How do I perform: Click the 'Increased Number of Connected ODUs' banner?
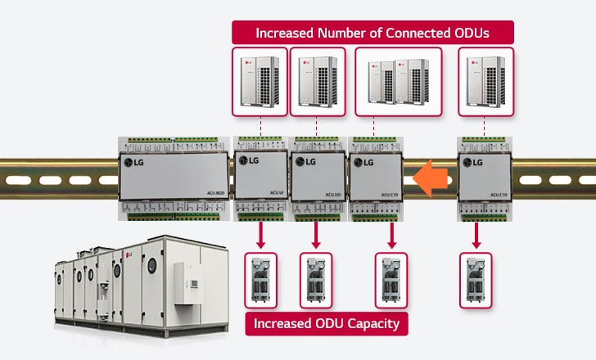coord(372,33)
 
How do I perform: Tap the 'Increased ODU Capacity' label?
coord(326,324)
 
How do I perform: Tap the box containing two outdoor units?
coord(399,80)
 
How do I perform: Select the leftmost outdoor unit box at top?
coord(260,80)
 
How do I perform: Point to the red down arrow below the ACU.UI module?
coord(261,236)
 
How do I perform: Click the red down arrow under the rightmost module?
coord(476,236)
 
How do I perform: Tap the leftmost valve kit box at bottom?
coord(261,280)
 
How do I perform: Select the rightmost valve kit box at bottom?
coord(476,280)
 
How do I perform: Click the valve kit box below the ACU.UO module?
coord(317,280)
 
